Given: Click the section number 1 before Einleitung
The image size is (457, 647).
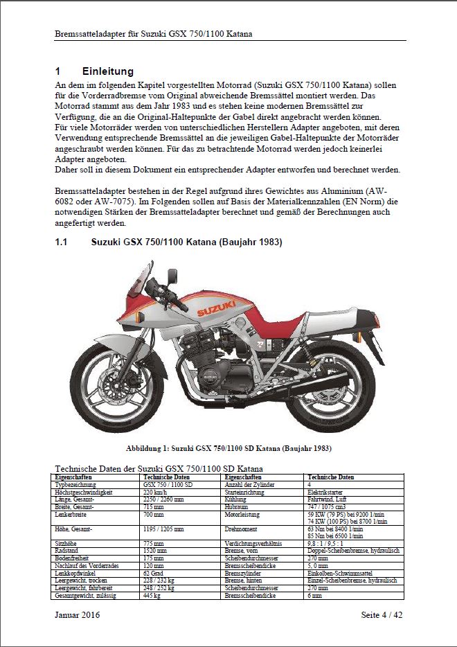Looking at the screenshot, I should [58, 71].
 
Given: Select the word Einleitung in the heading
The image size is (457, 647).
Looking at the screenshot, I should [107, 71].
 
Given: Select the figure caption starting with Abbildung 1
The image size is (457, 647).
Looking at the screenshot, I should [228, 448].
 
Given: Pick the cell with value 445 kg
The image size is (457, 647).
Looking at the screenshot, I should [152, 596].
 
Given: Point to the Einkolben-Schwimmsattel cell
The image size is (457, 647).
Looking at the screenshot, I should [341, 574].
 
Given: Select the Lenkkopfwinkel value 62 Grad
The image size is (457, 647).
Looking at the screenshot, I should [153, 574].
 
